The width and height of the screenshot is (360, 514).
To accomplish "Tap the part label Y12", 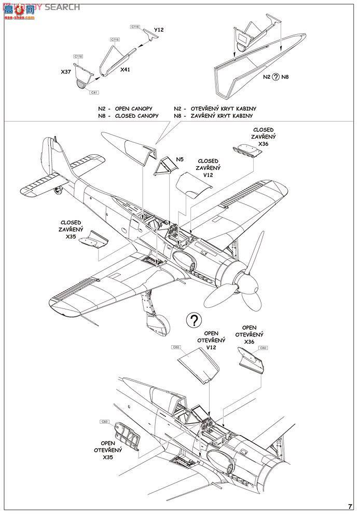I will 159,30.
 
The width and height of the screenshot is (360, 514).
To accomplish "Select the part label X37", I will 66,73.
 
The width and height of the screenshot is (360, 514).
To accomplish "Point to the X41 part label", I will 124,69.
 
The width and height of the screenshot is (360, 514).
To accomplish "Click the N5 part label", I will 179,159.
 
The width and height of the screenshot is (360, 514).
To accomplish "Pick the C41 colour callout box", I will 94,92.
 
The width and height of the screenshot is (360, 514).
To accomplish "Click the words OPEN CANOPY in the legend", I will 137,109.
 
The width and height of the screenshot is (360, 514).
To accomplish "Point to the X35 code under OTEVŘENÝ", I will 107,457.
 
